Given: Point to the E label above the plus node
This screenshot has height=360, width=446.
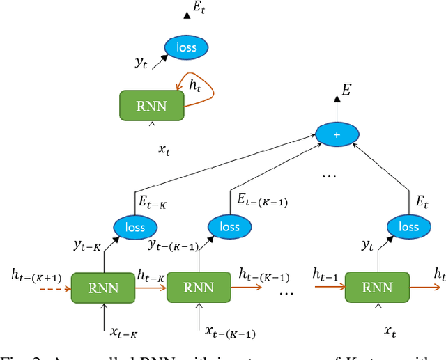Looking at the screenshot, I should point(346,88).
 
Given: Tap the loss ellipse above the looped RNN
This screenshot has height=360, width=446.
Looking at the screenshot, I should point(185,47).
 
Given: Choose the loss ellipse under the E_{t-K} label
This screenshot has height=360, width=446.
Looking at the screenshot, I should point(136,227).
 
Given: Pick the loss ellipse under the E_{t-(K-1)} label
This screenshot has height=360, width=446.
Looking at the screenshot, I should point(229,227).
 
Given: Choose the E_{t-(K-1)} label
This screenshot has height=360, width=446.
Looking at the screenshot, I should point(261,203).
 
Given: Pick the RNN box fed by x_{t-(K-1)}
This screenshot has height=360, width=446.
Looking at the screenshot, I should point(197,288).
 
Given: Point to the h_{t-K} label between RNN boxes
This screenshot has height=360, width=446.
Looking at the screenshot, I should point(151,274).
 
